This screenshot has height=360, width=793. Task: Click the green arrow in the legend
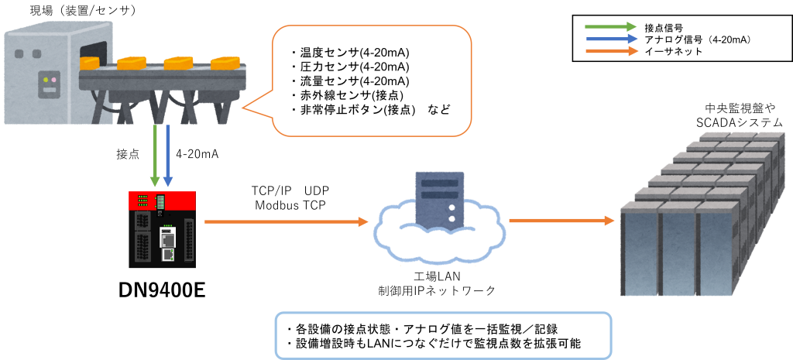[610, 27]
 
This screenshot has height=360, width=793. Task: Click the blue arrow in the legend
[611, 39]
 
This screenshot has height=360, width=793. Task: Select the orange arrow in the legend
[611, 51]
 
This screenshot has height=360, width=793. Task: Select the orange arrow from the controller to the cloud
[286, 222]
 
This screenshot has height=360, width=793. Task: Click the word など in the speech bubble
[438, 110]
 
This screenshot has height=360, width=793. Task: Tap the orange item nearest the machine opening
[130, 62]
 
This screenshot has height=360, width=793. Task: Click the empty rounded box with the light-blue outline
[444, 335]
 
